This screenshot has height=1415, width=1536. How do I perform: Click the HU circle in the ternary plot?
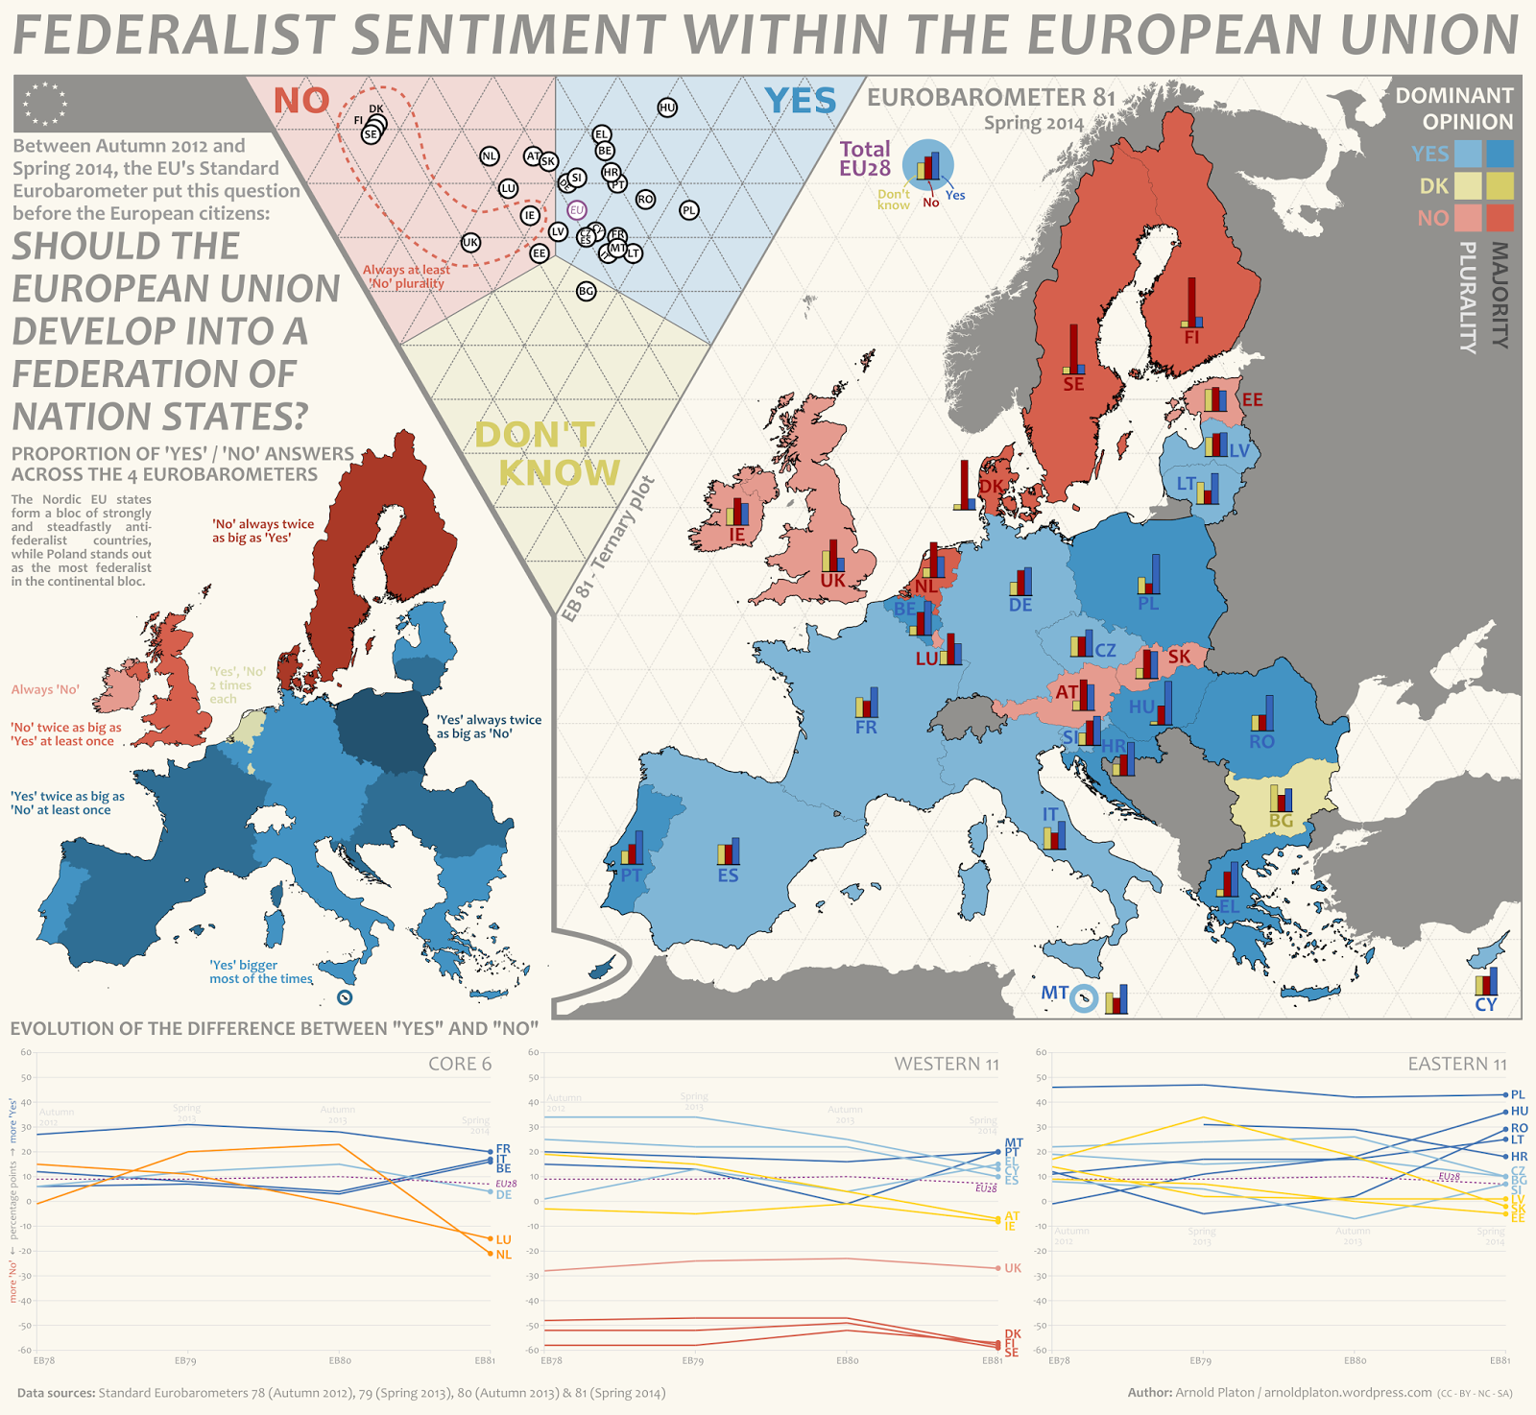[x=667, y=108]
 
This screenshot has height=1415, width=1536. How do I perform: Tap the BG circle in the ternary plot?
[x=587, y=291]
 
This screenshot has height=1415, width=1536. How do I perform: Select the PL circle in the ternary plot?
[x=689, y=210]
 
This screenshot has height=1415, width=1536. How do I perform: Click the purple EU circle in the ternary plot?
[x=576, y=210]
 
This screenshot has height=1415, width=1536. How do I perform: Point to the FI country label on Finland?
[x=1191, y=338]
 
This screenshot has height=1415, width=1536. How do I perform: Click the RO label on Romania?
[x=1261, y=741]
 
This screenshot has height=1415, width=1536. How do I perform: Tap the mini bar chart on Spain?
[x=729, y=851]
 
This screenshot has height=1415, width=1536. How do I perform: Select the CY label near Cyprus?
[x=1485, y=1004]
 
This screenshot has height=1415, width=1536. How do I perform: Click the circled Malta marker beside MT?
[x=1083, y=998]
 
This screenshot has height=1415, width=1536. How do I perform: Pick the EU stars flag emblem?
[x=46, y=104]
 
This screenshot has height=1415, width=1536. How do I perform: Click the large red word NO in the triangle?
[x=301, y=101]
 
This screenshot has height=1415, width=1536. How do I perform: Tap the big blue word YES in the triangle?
[x=801, y=101]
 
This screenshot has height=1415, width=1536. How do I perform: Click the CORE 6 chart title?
[x=460, y=1064]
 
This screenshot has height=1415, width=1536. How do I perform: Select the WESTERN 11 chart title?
[x=946, y=1064]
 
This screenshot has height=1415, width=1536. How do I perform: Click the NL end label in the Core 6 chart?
[x=504, y=1255]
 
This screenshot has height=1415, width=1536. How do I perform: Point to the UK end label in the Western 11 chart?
[x=1013, y=1268]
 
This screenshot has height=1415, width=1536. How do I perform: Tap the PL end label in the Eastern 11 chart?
[x=1518, y=1094]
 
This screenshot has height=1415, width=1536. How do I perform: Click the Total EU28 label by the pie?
[x=865, y=158]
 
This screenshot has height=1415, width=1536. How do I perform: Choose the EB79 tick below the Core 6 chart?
[x=185, y=1361]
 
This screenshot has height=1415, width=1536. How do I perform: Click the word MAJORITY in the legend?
[x=1500, y=295]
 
